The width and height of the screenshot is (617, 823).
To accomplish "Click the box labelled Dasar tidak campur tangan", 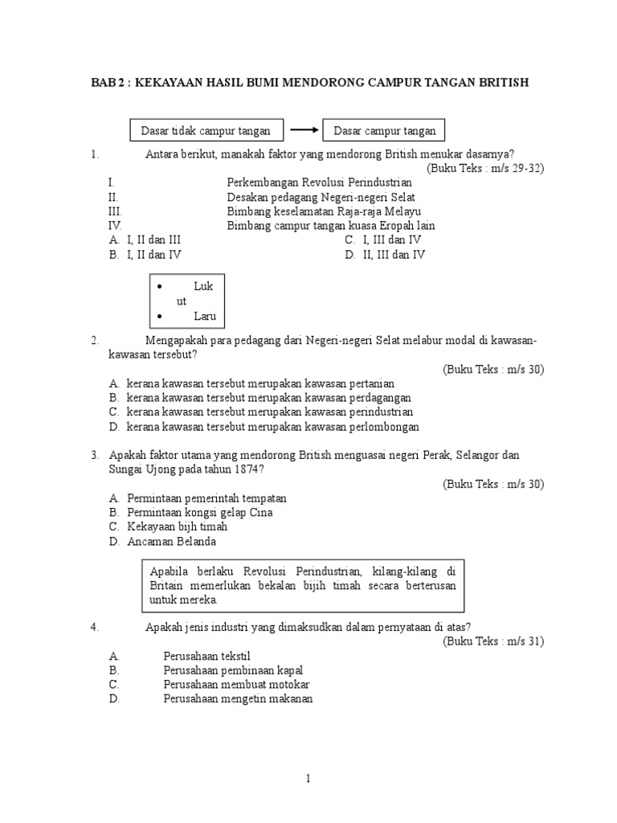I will click(206, 130).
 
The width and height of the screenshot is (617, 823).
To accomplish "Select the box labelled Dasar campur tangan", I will click(384, 130).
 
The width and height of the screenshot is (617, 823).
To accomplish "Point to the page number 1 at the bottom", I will click(308, 779).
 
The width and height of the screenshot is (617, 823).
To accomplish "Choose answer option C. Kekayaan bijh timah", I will click(177, 527).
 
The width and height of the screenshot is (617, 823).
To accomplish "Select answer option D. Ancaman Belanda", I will click(171, 543).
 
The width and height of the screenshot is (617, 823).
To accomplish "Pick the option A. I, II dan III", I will click(153, 240).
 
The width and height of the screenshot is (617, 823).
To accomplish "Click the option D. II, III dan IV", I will click(385, 256).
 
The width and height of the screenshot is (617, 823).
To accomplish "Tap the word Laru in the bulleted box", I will click(205, 317).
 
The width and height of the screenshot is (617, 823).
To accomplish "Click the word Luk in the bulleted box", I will click(204, 286).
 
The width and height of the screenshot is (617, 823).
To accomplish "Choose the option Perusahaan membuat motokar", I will click(236, 685).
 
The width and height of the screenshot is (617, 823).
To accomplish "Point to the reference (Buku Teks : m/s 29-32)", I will click(485, 168).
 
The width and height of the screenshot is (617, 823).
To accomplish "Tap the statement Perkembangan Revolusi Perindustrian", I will click(319, 183).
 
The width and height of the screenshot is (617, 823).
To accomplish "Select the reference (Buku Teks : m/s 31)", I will click(493, 641).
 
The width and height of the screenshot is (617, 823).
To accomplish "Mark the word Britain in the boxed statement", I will click(167, 586).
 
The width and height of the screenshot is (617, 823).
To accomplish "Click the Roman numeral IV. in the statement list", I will click(116, 227).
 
